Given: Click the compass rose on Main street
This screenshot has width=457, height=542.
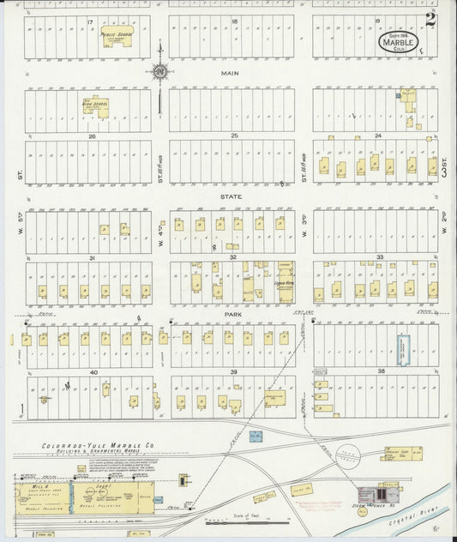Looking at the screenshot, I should tap(159, 73).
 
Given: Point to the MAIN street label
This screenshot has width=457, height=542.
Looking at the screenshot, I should tap(230, 74).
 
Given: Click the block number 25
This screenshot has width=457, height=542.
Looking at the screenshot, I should tap(233, 135).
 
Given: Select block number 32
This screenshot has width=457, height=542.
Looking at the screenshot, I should tap(232, 256).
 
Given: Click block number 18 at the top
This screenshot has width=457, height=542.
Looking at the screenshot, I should tap(233, 20).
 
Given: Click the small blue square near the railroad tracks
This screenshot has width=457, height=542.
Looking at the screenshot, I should tap(256, 436).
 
